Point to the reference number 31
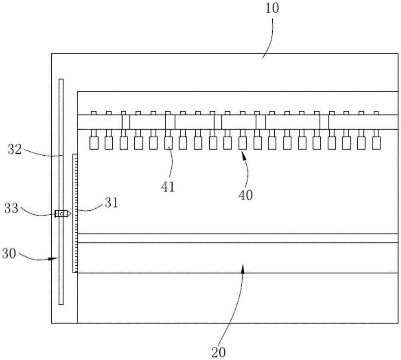click(x=111, y=203)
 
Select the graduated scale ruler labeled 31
click(x=75, y=213)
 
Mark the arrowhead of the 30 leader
click(x=57, y=259)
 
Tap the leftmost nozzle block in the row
click(x=94, y=143)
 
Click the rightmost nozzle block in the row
click(x=376, y=143)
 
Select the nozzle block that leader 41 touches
click(x=168, y=143)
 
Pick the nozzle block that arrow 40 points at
click(x=242, y=143)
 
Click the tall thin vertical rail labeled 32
click(x=61, y=120)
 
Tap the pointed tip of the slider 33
click(x=71, y=214)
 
